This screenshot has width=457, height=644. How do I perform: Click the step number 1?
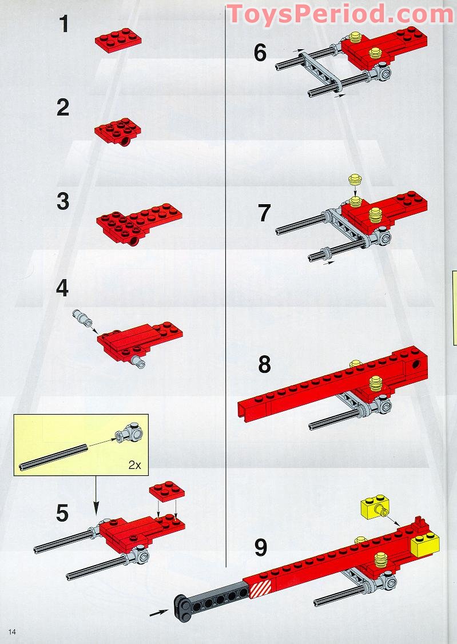coord(63,24)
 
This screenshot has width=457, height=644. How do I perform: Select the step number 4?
coord(62,288)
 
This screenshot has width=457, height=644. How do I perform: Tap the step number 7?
coord(264,213)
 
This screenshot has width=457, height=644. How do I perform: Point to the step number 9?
coord(261,547)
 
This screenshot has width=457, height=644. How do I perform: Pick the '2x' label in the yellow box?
coord(134,465)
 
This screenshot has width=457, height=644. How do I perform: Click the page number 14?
coord(12,631)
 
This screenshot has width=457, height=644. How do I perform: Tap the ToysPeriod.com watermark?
coord(340,14)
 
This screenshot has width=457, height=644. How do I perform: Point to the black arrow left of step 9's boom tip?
coord(158,613)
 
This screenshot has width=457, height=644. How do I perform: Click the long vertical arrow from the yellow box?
coord(96,495)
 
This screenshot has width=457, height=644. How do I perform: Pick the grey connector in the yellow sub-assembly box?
coord(130,433)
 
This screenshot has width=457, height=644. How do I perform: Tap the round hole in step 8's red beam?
coord(417,364)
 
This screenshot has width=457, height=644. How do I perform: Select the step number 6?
coord(260,53)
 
